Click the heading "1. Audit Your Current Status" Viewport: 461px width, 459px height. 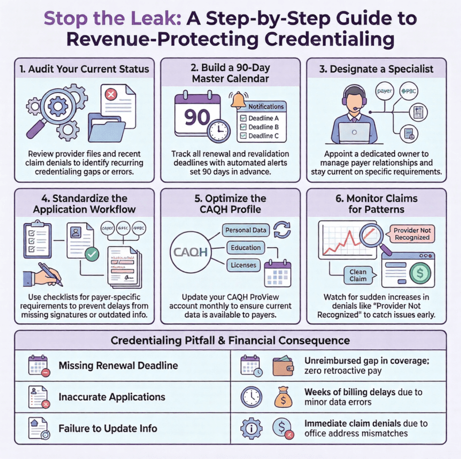coord(81,69)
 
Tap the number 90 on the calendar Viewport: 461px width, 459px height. coord(197,118)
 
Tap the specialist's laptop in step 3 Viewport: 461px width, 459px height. coord(354,132)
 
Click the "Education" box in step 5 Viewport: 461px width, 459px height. coord(245,248)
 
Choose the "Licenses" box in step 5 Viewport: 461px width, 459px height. coord(244,265)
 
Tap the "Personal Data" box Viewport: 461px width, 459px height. coord(246,230)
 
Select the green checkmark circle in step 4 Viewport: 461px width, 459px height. coord(92,254)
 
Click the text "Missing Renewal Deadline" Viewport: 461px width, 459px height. coord(118,365)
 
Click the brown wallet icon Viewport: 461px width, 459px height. coord(283,365)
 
